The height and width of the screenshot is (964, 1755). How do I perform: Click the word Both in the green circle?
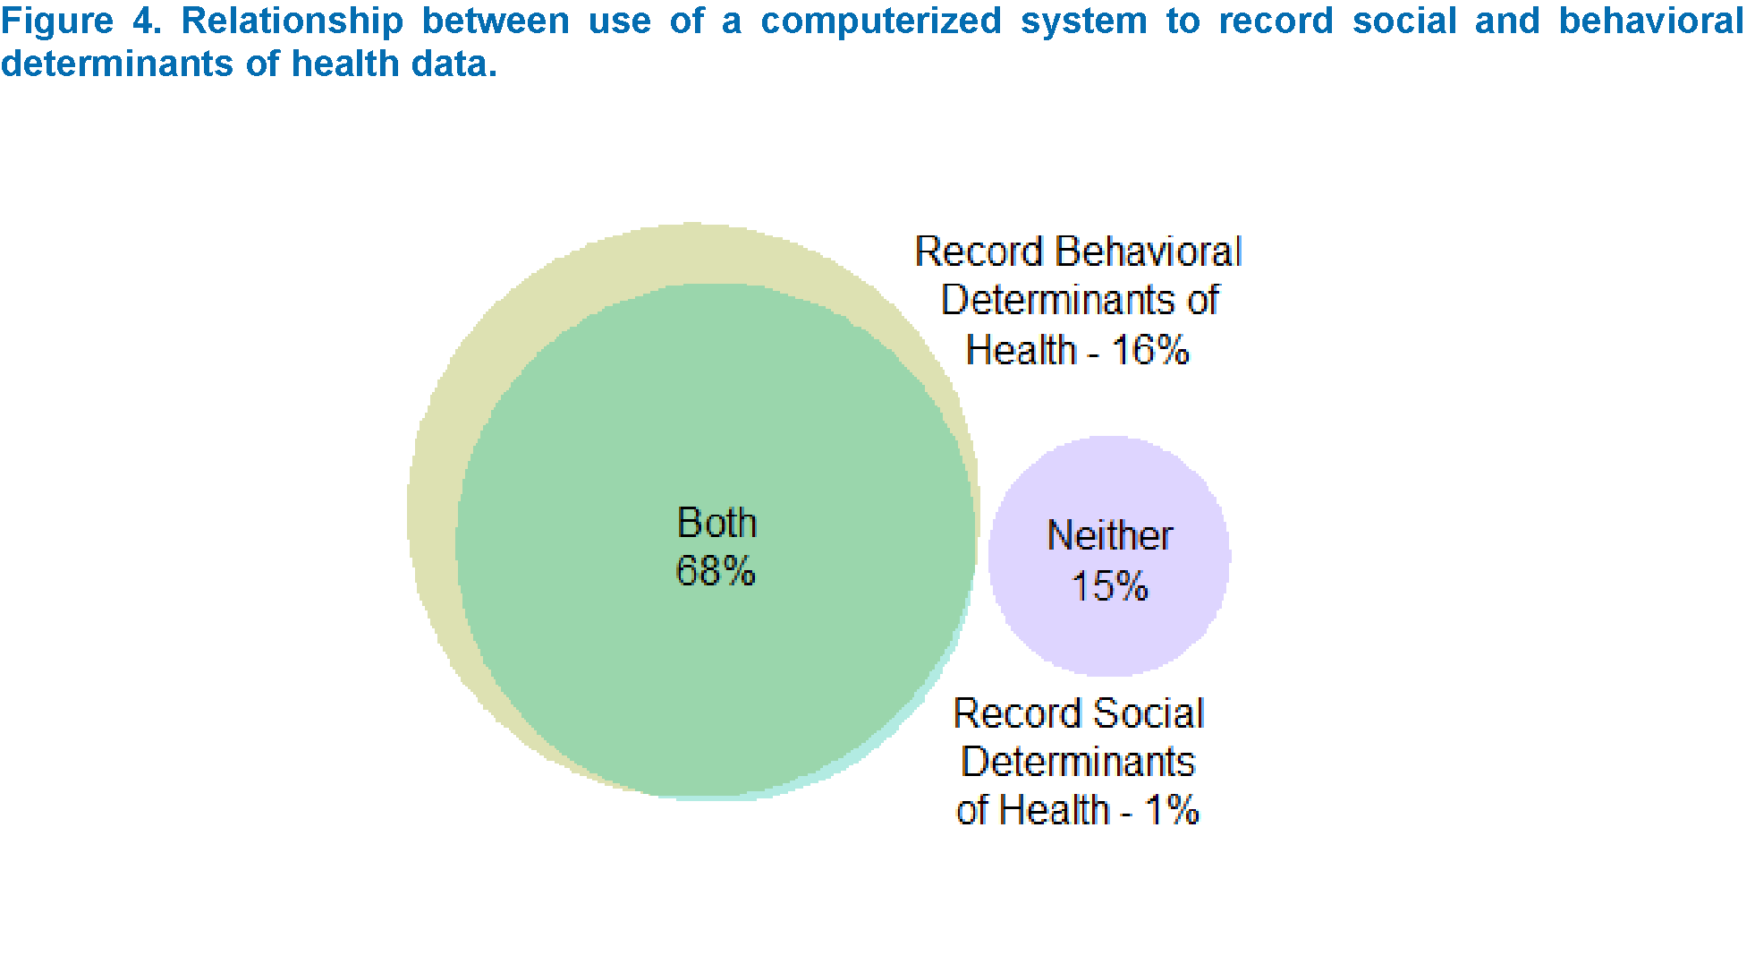tap(716, 522)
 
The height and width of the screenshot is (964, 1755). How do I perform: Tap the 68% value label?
tap(716, 571)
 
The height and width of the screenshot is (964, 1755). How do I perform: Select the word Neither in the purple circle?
tap(1109, 535)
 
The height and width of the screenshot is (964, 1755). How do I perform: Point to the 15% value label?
tap(1109, 586)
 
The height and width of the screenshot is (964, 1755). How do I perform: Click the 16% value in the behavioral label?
tap(1150, 350)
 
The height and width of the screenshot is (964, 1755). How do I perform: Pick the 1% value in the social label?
tap(1173, 810)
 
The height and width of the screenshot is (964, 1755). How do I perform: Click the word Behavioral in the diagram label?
tap(1149, 252)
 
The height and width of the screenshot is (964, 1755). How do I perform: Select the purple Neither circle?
tap(1109, 556)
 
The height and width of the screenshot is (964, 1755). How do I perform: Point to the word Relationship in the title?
tap(292, 21)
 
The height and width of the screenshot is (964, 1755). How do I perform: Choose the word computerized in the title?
tap(881, 21)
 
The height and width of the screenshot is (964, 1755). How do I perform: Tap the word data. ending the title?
tap(454, 64)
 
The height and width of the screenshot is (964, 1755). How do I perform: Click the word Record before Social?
tap(1018, 713)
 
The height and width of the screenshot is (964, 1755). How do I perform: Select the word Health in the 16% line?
tap(1021, 350)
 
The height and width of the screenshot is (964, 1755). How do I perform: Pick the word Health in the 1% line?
tap(1054, 810)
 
